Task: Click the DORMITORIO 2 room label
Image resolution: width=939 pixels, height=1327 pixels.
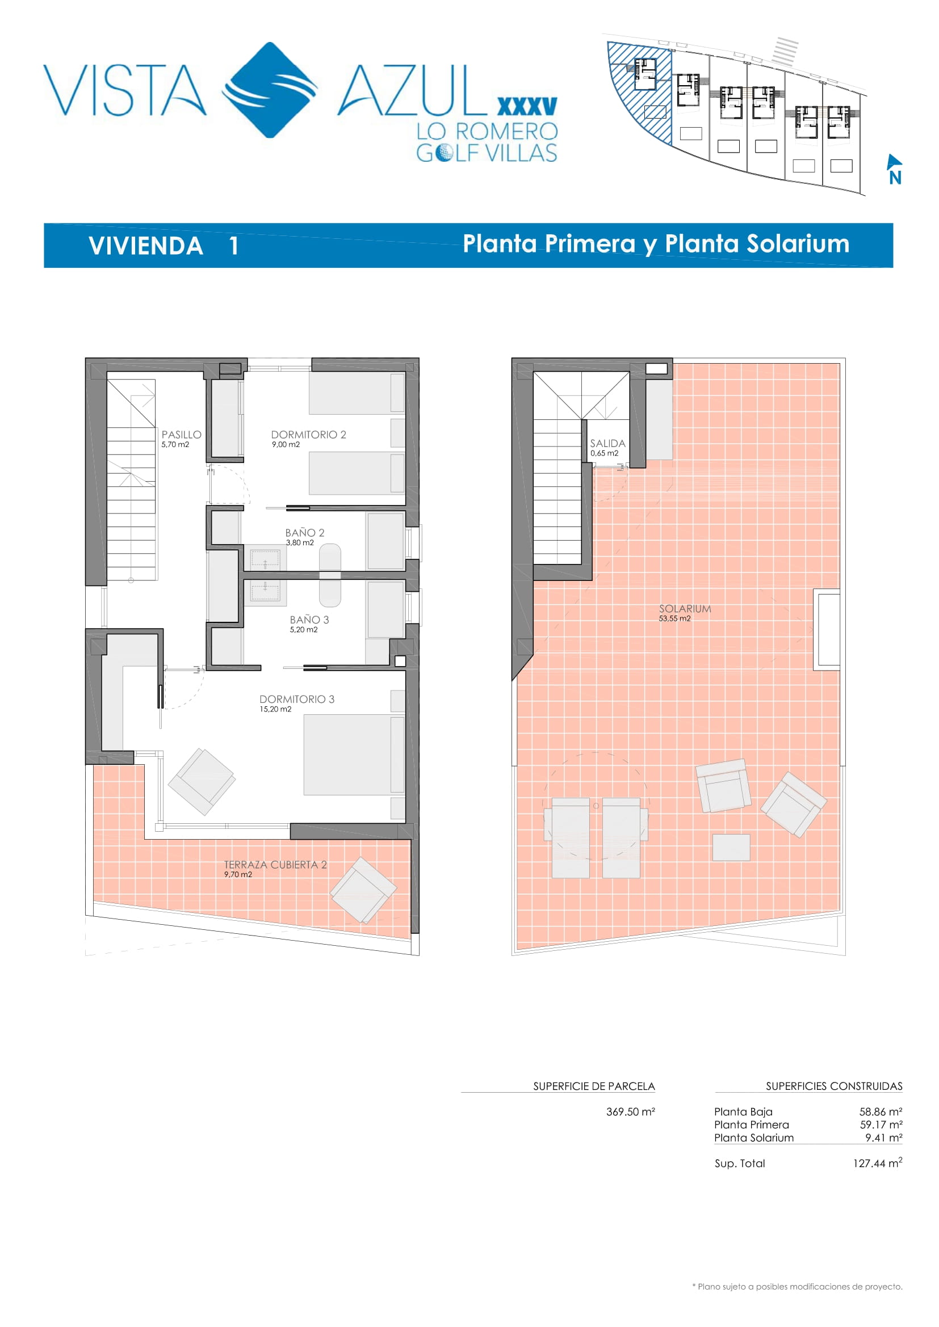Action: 308,435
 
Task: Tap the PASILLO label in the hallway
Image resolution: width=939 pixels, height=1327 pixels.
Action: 182,435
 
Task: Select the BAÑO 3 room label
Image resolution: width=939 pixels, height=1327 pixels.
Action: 309,620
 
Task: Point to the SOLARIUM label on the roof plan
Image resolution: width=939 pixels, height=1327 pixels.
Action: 685,609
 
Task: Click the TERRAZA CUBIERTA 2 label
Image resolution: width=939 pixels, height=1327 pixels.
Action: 275,865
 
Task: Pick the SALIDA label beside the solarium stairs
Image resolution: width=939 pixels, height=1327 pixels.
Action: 607,443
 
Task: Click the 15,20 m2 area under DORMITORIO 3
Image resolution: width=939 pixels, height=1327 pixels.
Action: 275,709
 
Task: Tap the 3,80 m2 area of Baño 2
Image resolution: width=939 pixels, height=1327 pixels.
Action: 300,543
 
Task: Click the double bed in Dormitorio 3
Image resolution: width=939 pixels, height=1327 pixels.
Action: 354,755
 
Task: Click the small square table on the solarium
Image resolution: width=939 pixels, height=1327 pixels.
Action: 731,847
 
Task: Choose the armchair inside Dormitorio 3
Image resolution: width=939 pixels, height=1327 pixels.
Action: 202,781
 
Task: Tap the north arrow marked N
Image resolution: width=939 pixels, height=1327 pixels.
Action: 895,168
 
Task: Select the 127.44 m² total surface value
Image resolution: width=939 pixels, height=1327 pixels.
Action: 877,1163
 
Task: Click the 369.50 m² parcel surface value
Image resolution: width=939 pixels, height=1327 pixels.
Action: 630,1111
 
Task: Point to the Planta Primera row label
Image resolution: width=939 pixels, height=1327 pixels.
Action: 751,1124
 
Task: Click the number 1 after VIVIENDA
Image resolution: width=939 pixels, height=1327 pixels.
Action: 233,246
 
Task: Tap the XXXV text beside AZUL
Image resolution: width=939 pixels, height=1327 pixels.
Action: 527,106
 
